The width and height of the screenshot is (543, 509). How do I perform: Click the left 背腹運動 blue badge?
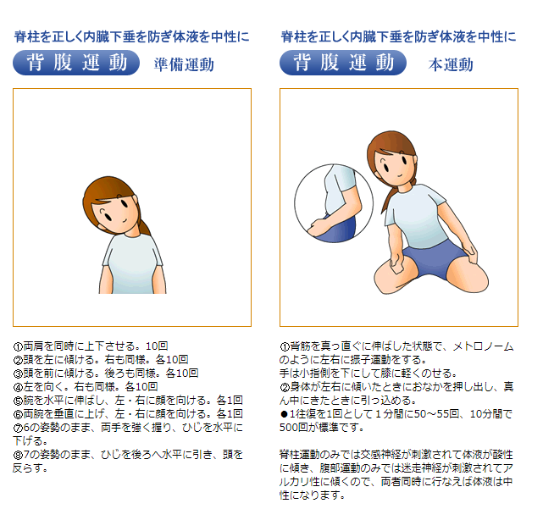tap(76, 64)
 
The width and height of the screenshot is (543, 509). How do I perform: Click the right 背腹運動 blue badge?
tap(343, 64)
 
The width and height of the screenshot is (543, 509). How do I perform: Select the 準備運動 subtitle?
tap(184, 64)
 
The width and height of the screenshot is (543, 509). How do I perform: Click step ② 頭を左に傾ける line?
tap(101, 359)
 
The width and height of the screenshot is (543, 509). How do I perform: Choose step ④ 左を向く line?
tap(86, 386)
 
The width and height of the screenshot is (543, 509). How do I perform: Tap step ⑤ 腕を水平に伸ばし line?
tap(128, 400)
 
